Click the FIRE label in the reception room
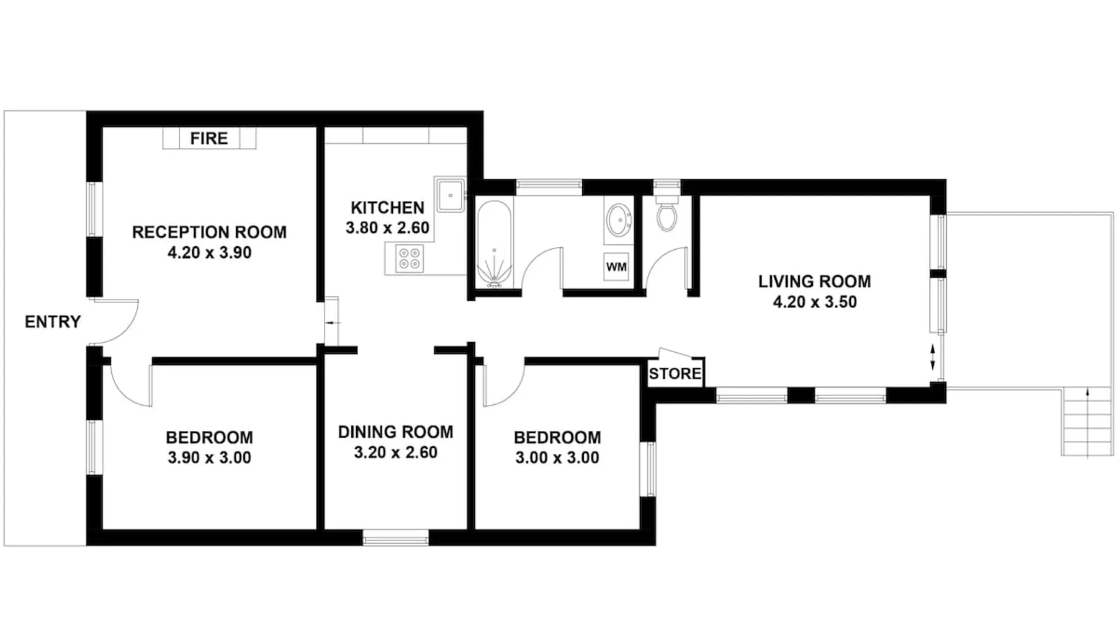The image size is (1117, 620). (209, 138)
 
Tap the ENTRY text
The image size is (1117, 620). (53, 322)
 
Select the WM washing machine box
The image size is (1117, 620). (616, 267)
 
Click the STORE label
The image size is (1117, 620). (675, 374)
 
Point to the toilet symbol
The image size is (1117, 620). (667, 214)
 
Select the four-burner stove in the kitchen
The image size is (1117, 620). (410, 259)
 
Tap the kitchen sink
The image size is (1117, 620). (450, 195)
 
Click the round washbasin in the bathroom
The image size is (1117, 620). (619, 220)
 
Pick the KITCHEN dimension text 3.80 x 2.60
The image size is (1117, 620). (387, 228)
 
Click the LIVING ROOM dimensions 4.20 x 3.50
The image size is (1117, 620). (815, 302)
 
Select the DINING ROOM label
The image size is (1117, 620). (395, 432)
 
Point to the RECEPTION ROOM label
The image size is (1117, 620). (209, 232)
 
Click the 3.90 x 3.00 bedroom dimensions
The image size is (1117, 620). (209, 458)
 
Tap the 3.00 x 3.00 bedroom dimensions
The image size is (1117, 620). (557, 458)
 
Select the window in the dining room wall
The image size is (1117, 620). (395, 538)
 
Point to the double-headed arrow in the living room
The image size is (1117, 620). (933, 358)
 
